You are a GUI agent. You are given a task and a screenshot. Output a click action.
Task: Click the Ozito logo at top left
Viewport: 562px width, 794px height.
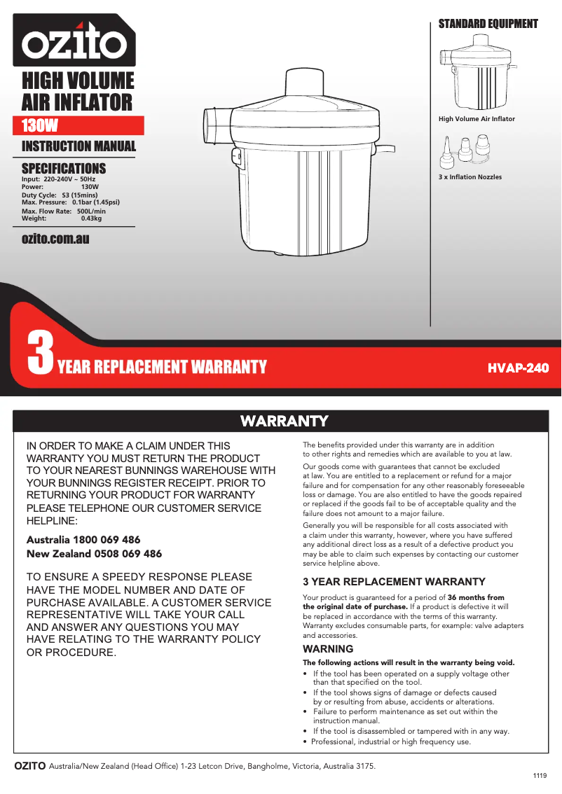74,41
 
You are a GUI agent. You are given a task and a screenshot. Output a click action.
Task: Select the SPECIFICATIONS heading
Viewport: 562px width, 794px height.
64,168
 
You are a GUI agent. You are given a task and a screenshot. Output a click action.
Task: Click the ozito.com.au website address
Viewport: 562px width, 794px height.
55,239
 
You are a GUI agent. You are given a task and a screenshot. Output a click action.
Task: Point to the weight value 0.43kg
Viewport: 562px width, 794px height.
91,218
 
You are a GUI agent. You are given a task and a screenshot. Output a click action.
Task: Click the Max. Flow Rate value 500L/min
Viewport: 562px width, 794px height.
91,211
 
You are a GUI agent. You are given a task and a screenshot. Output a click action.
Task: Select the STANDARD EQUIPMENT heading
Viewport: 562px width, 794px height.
488,24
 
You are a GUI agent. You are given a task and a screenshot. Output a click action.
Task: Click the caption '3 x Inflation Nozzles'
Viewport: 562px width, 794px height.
470,177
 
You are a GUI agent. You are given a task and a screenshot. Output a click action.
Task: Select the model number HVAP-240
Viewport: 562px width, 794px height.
518,368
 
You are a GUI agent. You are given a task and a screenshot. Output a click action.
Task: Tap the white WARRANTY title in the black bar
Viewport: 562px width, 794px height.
284,421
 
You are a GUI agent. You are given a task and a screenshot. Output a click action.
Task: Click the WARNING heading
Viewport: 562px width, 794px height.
328,649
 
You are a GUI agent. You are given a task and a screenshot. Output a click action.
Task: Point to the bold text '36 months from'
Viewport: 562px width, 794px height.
476,597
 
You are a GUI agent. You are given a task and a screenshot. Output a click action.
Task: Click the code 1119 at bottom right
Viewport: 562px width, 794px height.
540,776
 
